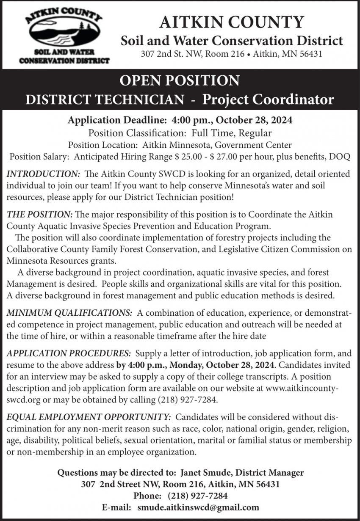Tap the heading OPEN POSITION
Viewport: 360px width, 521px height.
click(180, 80)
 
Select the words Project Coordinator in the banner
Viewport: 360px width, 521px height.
click(268, 99)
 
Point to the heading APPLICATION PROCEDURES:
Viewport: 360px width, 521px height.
click(69, 354)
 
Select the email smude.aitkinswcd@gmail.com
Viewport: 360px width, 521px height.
click(198, 507)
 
